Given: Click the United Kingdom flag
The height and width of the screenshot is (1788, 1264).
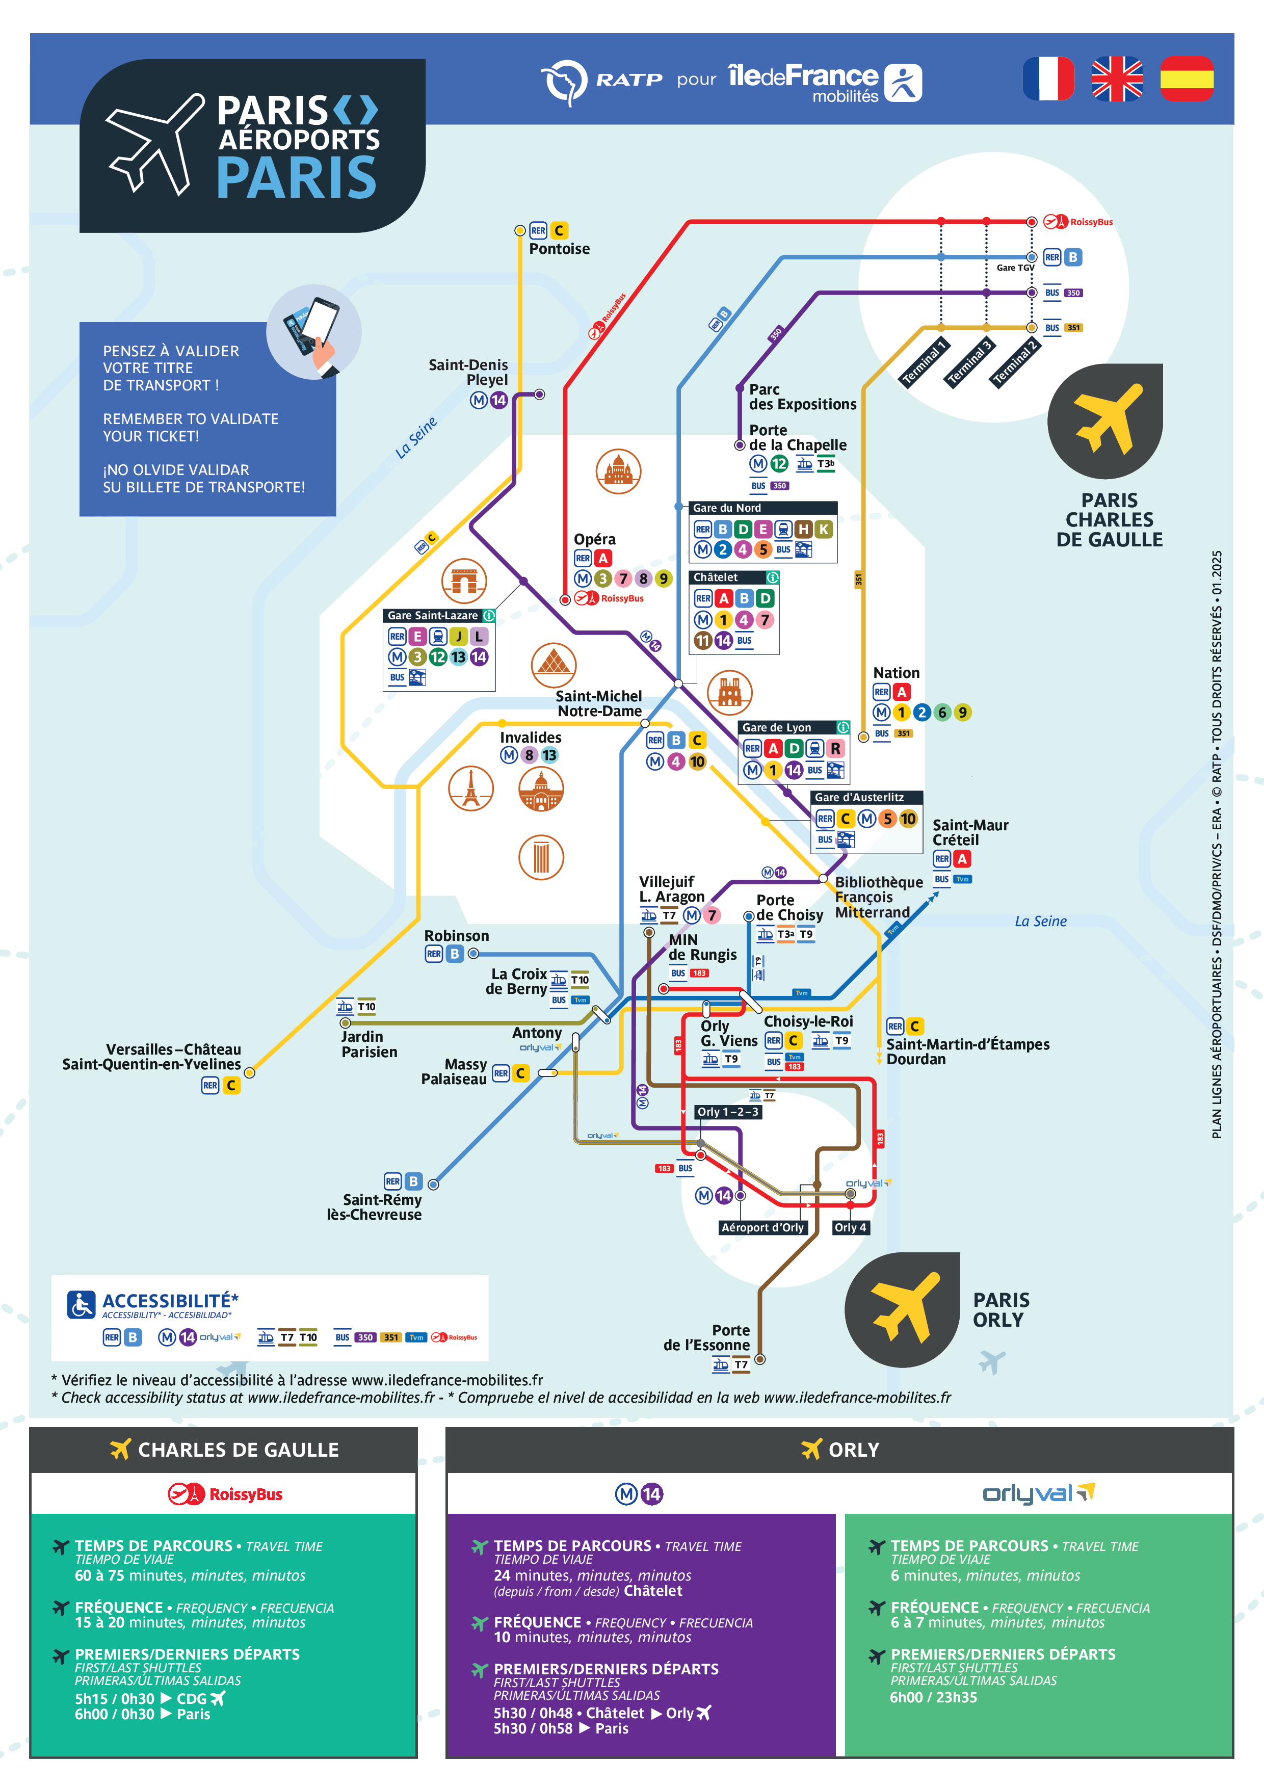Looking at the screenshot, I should click(1117, 78).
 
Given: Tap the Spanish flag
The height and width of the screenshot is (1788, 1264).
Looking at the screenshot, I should click(1186, 78).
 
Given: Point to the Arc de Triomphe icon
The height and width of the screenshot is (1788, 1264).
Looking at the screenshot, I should click(464, 581).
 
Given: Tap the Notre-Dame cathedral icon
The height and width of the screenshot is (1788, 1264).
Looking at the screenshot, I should click(730, 692).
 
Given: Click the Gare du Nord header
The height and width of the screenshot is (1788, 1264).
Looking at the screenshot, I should click(727, 508).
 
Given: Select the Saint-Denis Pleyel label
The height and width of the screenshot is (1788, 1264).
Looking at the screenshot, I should click(469, 372).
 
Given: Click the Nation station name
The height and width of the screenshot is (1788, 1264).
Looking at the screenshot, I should click(896, 673).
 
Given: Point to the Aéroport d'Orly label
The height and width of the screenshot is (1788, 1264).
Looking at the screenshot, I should click(762, 1227).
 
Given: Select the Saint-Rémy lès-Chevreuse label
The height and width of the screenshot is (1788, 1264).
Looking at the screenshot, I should click(375, 1207).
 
